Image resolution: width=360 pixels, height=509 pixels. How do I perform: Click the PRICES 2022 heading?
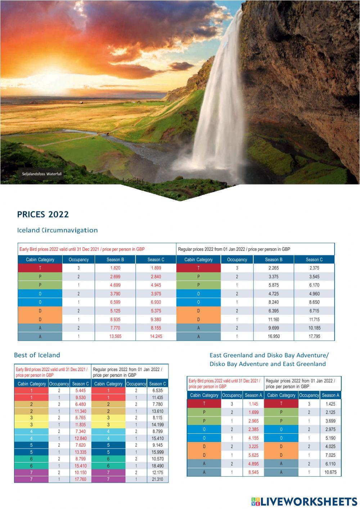tap(43, 214)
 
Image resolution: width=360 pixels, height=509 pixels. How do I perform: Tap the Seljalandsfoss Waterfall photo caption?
tap(42, 174)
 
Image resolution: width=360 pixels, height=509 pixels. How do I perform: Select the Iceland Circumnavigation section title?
tap(57, 230)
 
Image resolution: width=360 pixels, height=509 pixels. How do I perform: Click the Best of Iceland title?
tap(37, 355)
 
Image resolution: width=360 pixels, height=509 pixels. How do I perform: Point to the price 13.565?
tap(115, 336)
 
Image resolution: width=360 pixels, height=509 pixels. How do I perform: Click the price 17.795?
tap(314, 336)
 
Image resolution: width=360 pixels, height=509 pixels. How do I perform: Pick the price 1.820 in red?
tap(115, 268)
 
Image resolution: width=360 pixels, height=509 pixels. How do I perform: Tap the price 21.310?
tap(157, 479)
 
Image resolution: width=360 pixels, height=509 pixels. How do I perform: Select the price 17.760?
tap(80, 479)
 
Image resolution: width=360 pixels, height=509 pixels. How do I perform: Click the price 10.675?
tap(330, 472)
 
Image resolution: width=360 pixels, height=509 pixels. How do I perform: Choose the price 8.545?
tap(253, 472)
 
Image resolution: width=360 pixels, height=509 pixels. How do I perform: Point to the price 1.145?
tap(253, 404)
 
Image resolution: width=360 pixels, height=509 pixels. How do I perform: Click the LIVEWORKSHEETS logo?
tap(304, 501)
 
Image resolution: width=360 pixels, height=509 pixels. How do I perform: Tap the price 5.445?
tap(80, 390)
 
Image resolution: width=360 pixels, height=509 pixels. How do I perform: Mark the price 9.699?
tap(274, 328)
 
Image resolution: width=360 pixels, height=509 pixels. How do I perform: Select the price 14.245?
tap(156, 336)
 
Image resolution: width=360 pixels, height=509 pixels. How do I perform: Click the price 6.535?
tap(157, 390)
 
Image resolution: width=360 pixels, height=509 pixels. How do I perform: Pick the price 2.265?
tap(274, 268)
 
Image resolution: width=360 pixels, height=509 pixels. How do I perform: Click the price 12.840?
tap(80, 438)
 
